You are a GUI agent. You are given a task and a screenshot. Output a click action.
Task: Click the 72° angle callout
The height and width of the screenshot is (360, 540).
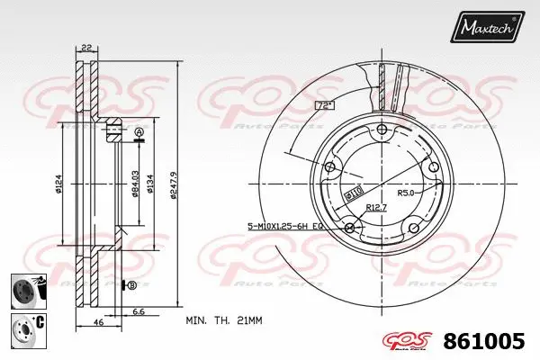click(x=325, y=106)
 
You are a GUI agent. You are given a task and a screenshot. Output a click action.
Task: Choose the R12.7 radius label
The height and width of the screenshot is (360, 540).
click(x=378, y=208)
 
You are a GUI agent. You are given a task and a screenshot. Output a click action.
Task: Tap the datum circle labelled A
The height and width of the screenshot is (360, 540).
click(x=139, y=133)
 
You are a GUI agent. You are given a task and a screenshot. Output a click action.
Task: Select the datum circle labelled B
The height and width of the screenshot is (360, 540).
click(x=132, y=285)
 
